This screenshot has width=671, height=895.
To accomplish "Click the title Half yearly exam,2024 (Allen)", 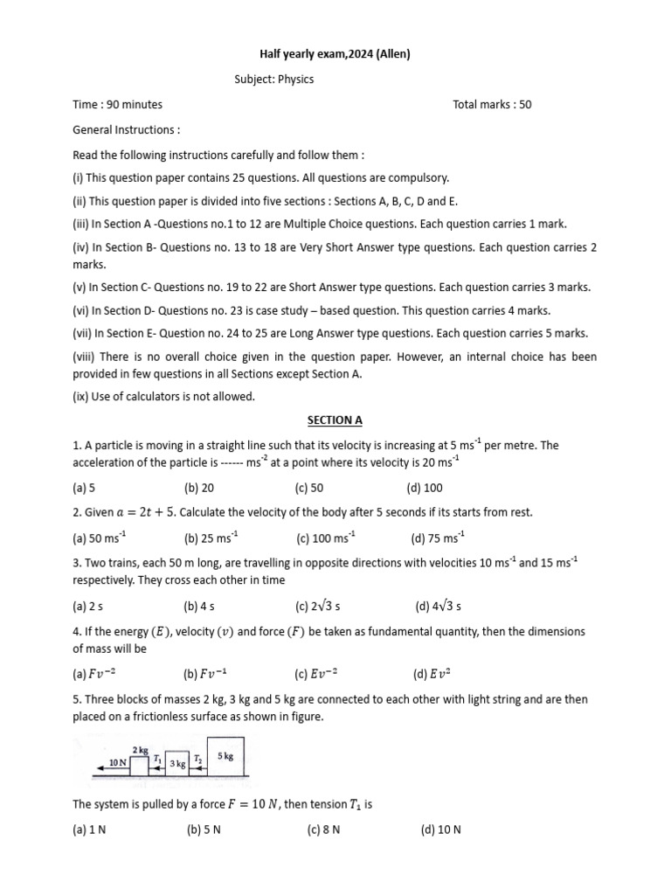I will click(x=335, y=55).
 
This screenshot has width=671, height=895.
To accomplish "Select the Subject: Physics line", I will click(x=273, y=80).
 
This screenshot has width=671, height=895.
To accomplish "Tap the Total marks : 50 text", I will click(x=492, y=105).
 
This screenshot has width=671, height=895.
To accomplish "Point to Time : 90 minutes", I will click(x=117, y=105).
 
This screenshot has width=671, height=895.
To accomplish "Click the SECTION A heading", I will click(x=335, y=420).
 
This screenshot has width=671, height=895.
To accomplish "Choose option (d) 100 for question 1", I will click(x=425, y=488).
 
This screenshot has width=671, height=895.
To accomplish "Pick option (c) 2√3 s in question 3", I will click(x=318, y=605).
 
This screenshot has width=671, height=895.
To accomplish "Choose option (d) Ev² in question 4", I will click(x=432, y=673).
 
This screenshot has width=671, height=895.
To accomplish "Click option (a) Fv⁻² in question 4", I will click(x=92, y=673).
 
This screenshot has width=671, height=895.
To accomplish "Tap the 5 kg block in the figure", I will click(x=225, y=757).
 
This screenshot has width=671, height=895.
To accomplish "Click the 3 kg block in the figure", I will click(x=177, y=764).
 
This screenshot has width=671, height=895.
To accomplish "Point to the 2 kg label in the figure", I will click(x=140, y=751).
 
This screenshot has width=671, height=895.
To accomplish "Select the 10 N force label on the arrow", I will click(x=118, y=763).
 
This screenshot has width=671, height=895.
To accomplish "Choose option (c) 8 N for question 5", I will click(x=323, y=829).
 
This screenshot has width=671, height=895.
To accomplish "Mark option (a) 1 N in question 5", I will click(x=89, y=829).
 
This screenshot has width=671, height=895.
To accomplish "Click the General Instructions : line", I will click(x=127, y=129).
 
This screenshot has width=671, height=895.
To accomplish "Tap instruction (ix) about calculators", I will click(x=163, y=396).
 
